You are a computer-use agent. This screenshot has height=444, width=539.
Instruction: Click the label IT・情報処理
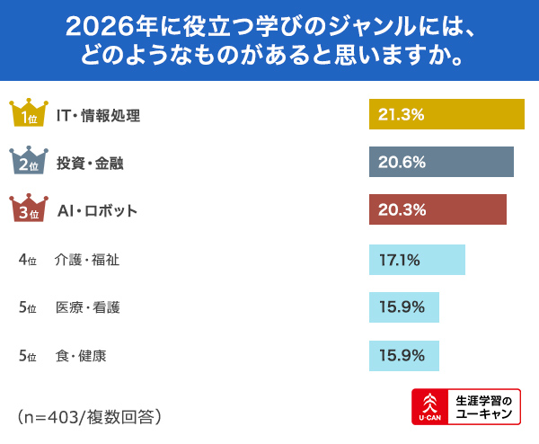(x=98, y=115)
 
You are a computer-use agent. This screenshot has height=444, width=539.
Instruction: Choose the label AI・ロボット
(x=97, y=211)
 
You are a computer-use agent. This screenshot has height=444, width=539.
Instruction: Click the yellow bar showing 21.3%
(x=446, y=114)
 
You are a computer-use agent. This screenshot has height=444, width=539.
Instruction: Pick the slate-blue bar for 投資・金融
(x=441, y=163)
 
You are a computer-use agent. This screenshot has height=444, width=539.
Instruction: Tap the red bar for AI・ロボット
(x=437, y=211)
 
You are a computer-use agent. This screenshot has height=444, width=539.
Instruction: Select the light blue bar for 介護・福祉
(x=417, y=260)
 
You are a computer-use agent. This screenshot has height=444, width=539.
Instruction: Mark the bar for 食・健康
(x=404, y=355)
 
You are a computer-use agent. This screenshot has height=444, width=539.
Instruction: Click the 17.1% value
(x=400, y=260)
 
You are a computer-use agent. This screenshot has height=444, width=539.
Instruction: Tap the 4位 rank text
(x=27, y=260)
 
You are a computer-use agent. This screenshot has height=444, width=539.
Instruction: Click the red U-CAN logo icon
(x=429, y=407)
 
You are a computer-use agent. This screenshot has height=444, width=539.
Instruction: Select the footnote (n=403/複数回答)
(x=89, y=416)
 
